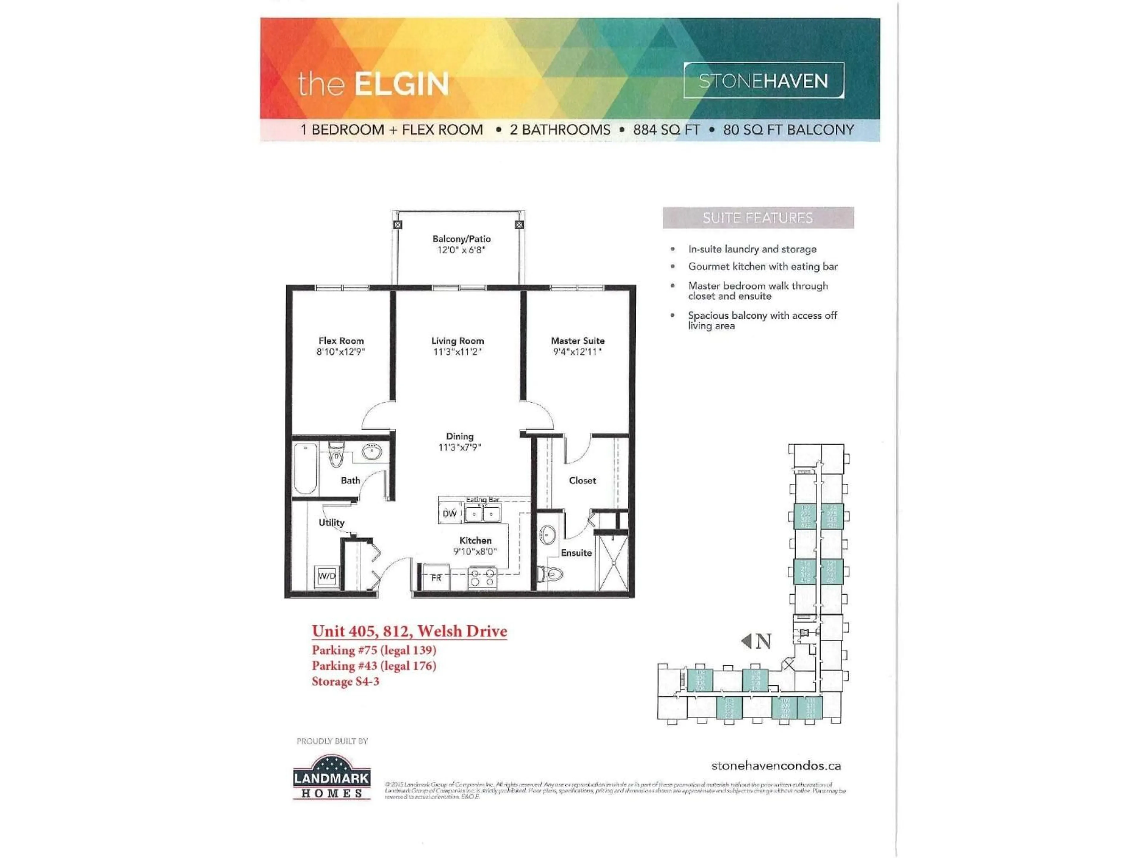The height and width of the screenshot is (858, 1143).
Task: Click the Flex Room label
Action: click(341, 341)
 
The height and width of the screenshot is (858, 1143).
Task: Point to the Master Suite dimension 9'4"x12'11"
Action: click(577, 352)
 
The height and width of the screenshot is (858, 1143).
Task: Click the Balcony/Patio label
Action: click(461, 239)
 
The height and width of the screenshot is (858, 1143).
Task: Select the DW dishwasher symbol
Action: click(449, 514)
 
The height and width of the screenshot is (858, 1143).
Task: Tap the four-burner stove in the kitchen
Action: click(482, 578)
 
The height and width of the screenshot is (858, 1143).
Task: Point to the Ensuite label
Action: click(576, 553)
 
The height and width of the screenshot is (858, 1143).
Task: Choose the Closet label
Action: click(582, 481)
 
